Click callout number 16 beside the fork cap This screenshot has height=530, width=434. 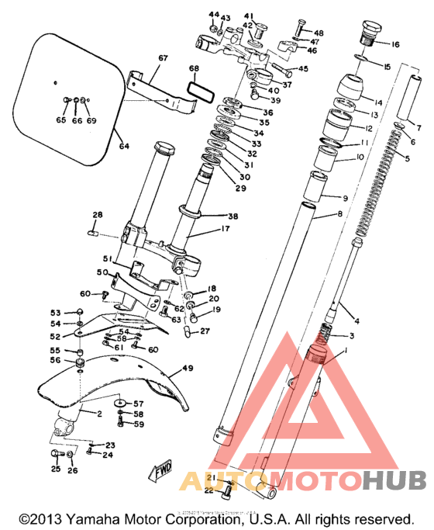(395, 45)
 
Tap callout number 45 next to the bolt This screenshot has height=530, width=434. (303, 69)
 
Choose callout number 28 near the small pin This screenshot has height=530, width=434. (98, 215)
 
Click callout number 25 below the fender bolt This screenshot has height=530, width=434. (55, 469)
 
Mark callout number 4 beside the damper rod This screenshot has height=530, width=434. (357, 320)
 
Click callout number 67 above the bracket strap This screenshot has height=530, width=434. (163, 58)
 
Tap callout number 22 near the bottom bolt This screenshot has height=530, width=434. (208, 490)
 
